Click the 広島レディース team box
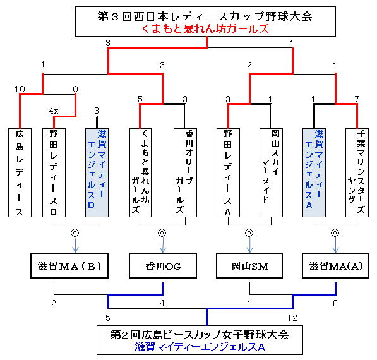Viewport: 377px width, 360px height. (20, 172)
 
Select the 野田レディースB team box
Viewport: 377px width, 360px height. (54, 172)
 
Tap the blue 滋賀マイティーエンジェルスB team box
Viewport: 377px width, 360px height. (97, 172)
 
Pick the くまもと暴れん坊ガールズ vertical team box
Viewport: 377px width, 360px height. (140, 172)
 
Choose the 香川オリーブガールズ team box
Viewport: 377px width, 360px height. (185, 172)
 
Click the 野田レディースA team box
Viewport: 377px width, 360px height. (228, 172)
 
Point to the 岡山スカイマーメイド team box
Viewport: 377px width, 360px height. (271, 172)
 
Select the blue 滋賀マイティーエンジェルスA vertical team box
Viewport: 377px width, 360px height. (314, 172)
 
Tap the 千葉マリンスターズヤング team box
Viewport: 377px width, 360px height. (357, 172)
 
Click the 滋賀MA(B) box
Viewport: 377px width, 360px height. (69, 265)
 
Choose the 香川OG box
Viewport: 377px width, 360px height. (163, 265)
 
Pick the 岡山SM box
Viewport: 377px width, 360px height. (249, 265)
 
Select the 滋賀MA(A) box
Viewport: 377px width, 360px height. (335, 265)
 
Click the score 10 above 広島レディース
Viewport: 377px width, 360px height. (20, 89)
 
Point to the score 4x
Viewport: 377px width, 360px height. (54, 111)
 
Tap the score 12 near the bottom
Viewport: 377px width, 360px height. (292, 318)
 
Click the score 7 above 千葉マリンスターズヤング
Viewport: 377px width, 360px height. (357, 99)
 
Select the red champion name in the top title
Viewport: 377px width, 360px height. (205, 29)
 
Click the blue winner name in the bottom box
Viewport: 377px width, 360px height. (200, 347)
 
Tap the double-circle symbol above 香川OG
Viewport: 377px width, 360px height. (162, 232)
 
